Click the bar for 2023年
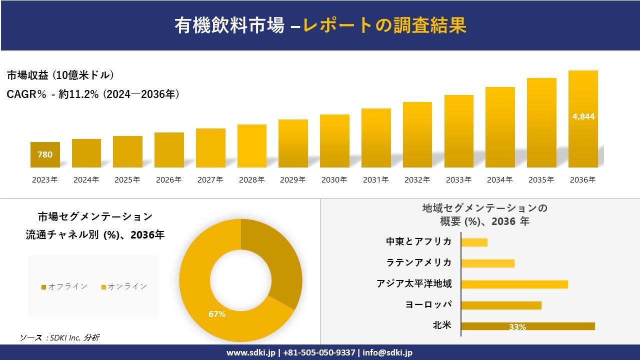(x=45, y=155)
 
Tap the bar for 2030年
(x=334, y=141)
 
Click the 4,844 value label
(x=583, y=116)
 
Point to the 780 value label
(x=45, y=155)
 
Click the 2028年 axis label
(x=251, y=180)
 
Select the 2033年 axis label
(x=458, y=180)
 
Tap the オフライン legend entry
(x=64, y=286)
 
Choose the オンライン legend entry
(x=124, y=286)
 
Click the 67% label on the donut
(x=217, y=314)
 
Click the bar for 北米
(x=527, y=326)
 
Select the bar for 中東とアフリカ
(x=474, y=242)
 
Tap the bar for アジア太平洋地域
(x=514, y=284)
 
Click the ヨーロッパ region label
(x=428, y=304)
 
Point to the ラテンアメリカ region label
(x=419, y=262)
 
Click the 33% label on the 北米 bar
(x=517, y=327)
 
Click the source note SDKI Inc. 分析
(x=59, y=338)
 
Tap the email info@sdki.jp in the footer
(x=387, y=352)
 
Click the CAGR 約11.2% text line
(x=93, y=94)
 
